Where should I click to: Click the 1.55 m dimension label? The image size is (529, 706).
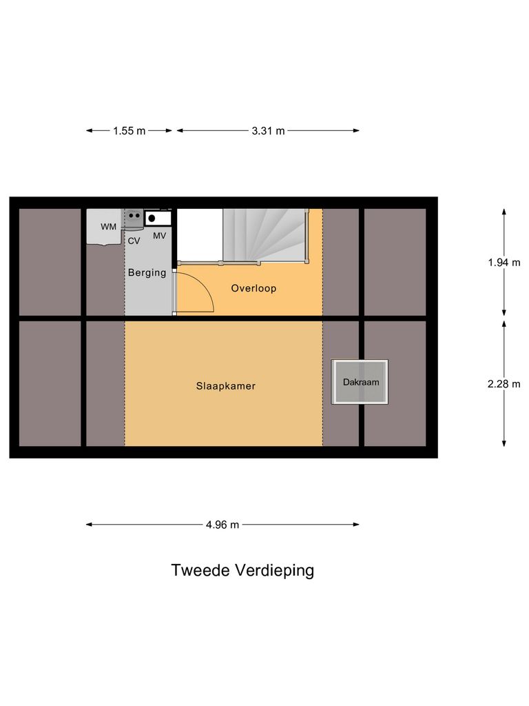[x=129, y=131]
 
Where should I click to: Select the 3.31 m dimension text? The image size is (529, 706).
[x=268, y=131]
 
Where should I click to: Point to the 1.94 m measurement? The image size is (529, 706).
[x=504, y=262]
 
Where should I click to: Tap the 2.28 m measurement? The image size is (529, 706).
[x=504, y=384]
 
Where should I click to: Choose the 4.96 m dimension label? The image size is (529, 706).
[x=222, y=525]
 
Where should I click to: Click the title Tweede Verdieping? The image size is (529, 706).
[x=242, y=571]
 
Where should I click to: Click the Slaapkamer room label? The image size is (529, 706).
[x=225, y=386]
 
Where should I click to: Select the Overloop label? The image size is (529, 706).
[x=253, y=288]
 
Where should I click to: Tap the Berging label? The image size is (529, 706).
[x=147, y=272]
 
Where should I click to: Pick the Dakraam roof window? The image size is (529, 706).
[x=360, y=382]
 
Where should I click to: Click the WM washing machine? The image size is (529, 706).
[x=106, y=227]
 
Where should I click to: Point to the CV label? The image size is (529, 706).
[x=134, y=241]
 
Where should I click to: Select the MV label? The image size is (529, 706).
[x=159, y=236]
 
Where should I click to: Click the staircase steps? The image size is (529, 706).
[x=264, y=234]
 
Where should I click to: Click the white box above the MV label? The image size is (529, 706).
[x=158, y=219]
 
